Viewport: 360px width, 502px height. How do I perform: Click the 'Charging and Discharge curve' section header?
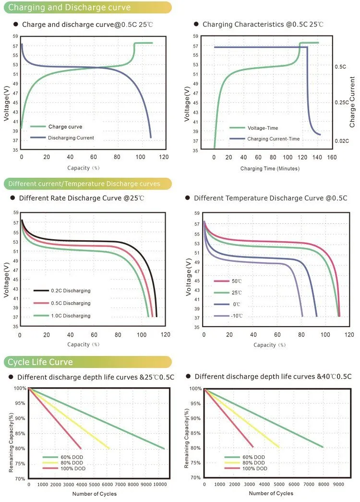[70, 8]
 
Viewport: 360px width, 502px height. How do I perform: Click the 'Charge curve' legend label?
[65, 127]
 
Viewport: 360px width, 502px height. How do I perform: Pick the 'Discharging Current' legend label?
[71, 138]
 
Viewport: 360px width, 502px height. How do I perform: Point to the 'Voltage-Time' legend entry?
[263, 128]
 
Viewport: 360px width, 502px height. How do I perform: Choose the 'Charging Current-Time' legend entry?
[273, 139]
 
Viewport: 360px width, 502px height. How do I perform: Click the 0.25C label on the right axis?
[341, 103]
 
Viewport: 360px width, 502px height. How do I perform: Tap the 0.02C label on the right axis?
[341, 141]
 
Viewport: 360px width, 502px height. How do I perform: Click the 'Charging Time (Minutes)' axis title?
[270, 169]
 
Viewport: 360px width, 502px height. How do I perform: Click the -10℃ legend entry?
[236, 316]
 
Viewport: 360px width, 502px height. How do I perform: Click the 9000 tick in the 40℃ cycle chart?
[338, 485]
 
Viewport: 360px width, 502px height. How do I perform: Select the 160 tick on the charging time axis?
[331, 157]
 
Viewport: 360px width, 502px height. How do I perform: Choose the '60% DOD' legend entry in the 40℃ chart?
[252, 457]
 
